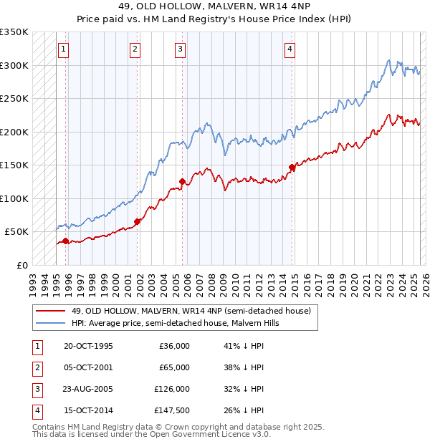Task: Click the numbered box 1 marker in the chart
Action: [x=64, y=49]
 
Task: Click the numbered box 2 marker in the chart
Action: [x=135, y=49]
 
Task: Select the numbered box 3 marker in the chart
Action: [x=180, y=49]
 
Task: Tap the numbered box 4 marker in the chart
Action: [x=290, y=49]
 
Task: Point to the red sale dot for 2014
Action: [x=292, y=168]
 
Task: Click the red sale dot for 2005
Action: [x=182, y=181]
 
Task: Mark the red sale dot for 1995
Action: [x=65, y=241]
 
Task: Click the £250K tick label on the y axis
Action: [x=14, y=99]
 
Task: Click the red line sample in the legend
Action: [x=51, y=312]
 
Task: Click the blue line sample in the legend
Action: [x=51, y=323]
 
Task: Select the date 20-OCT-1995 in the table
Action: [x=88, y=346]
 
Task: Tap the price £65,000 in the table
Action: [x=174, y=367]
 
